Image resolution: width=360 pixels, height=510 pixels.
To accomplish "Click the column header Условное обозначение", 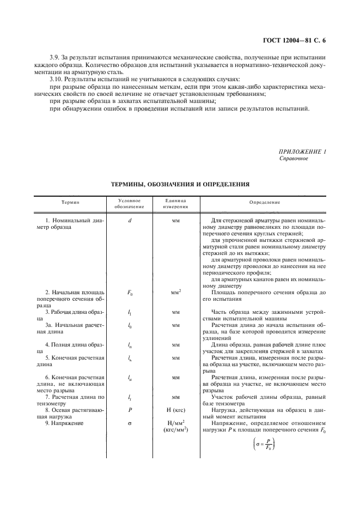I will pos(129,203).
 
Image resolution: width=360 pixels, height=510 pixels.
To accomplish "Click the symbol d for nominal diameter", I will pos(129,220).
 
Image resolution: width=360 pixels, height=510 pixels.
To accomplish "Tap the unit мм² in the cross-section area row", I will pos(175,292).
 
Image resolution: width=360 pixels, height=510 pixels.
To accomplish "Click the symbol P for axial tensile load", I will pos(129,409).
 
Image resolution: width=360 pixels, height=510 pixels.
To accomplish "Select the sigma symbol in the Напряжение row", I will pos(129,423).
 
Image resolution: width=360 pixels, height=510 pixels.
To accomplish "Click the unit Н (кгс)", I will pos(175,409).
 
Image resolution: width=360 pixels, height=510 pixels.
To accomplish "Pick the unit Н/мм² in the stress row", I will pos(175,423).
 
